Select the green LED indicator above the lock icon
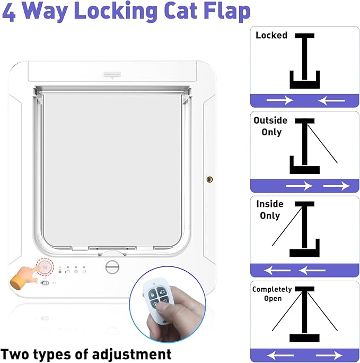[60, 266]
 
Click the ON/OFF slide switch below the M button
[45, 283]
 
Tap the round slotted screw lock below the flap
[111, 266]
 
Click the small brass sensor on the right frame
[209, 180]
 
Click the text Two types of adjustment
[86, 353]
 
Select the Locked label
[271, 36]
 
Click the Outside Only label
[270, 126]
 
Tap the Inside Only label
[270, 210]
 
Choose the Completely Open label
[272, 293]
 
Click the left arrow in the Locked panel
[279, 100]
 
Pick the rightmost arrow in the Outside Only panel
[336, 185]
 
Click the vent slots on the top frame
[112, 74]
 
